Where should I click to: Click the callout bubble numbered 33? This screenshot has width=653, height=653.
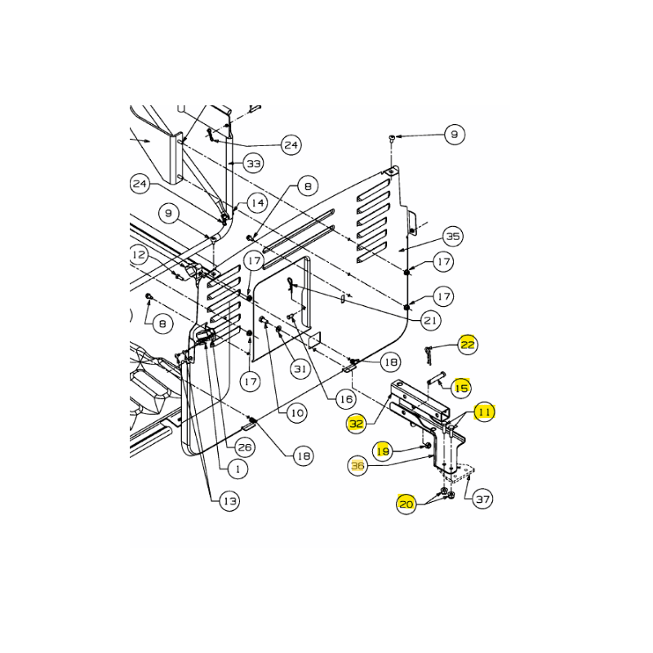click(254, 163)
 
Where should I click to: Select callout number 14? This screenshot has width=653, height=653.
click(257, 202)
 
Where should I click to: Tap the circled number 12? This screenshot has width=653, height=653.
click(138, 255)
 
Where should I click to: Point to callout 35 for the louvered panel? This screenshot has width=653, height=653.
click(453, 236)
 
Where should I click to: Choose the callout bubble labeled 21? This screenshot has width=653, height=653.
click(430, 320)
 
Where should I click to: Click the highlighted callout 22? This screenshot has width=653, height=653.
click(467, 344)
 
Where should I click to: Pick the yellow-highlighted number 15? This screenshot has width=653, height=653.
click(461, 388)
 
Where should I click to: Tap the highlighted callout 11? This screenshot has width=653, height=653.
click(484, 412)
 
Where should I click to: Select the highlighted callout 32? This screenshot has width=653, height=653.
click(357, 424)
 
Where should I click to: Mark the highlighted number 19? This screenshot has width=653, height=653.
click(383, 451)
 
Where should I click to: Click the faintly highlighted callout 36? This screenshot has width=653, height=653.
click(358, 465)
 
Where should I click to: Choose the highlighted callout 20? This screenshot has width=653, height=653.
click(406, 504)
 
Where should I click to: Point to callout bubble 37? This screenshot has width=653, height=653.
click(482, 499)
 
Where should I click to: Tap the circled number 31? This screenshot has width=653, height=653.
click(300, 369)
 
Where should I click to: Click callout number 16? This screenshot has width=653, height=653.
click(346, 399)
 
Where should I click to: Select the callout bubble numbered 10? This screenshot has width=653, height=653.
click(297, 413)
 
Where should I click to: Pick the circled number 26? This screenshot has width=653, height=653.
click(244, 447)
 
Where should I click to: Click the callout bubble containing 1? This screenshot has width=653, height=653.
click(238, 469)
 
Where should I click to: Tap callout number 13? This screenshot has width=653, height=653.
click(230, 500)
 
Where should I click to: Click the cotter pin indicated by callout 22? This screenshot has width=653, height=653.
click(428, 355)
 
